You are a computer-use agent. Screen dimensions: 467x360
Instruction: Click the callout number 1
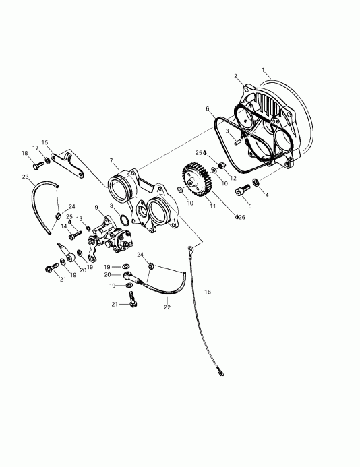pos(264,69)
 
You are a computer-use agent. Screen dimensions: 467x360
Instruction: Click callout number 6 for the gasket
pos(208,108)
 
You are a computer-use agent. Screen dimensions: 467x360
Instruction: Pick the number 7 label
pos(111,161)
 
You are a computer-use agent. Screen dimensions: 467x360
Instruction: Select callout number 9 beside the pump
pos(96,207)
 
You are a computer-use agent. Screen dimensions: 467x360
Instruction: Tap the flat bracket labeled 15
pos(65,160)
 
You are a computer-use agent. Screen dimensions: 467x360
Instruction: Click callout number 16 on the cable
pos(208,292)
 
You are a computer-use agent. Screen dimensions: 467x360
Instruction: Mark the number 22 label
pos(167,307)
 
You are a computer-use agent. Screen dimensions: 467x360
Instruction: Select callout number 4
pos(266,195)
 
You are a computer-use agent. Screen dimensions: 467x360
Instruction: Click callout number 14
pos(65,227)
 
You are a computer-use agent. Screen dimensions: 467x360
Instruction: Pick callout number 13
pos(79,219)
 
